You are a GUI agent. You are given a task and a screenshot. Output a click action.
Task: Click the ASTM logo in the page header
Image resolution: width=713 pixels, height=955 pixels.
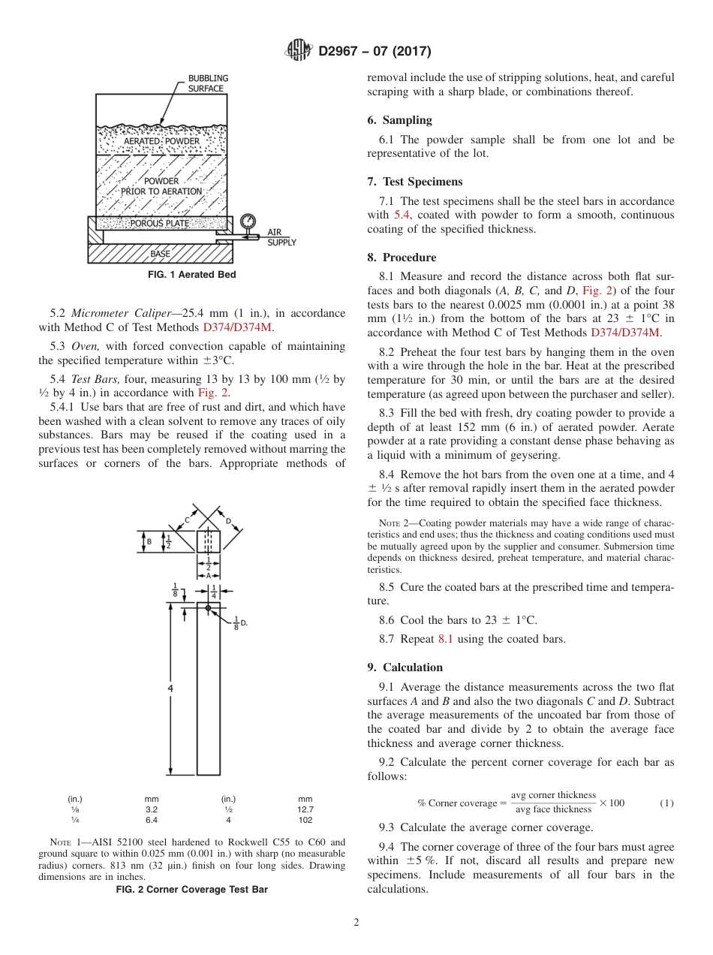pyautogui.click(x=299, y=51)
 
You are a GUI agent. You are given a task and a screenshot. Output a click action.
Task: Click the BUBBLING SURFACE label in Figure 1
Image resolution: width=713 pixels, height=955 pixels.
pyautogui.click(x=208, y=83)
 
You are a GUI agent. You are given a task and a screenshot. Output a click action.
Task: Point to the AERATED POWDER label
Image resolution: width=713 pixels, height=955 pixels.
pyautogui.click(x=161, y=141)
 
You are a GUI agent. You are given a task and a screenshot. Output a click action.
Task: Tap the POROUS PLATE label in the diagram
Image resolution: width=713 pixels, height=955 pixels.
pyautogui.click(x=159, y=223)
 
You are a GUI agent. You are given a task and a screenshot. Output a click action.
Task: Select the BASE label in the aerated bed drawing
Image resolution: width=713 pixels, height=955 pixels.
pyautogui.click(x=160, y=254)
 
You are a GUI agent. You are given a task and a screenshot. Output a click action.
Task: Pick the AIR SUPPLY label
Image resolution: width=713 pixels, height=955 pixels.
pyautogui.click(x=281, y=238)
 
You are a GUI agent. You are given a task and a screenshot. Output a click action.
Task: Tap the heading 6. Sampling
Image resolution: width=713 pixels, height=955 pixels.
pyautogui.click(x=399, y=120)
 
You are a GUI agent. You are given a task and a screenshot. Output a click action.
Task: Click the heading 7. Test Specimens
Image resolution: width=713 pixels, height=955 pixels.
pyautogui.click(x=414, y=182)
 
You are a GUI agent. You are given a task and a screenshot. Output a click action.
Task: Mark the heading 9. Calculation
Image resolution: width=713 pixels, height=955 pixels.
pyautogui.click(x=405, y=667)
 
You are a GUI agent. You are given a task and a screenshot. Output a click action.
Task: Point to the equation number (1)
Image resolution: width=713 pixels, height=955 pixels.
pyautogui.click(x=666, y=803)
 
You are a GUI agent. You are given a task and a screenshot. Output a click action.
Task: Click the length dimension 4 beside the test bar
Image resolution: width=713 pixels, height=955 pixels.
pyautogui.click(x=171, y=688)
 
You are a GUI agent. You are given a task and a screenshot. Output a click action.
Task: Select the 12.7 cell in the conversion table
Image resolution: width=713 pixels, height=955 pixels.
pyautogui.click(x=305, y=809)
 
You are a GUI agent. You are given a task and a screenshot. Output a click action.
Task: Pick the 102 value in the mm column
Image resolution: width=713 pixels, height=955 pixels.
pyautogui.click(x=305, y=820)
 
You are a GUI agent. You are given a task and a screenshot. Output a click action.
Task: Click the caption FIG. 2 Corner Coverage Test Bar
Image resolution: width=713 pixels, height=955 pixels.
pyautogui.click(x=191, y=890)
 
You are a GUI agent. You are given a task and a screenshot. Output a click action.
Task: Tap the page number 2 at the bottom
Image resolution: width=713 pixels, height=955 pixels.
pyautogui.click(x=356, y=923)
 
